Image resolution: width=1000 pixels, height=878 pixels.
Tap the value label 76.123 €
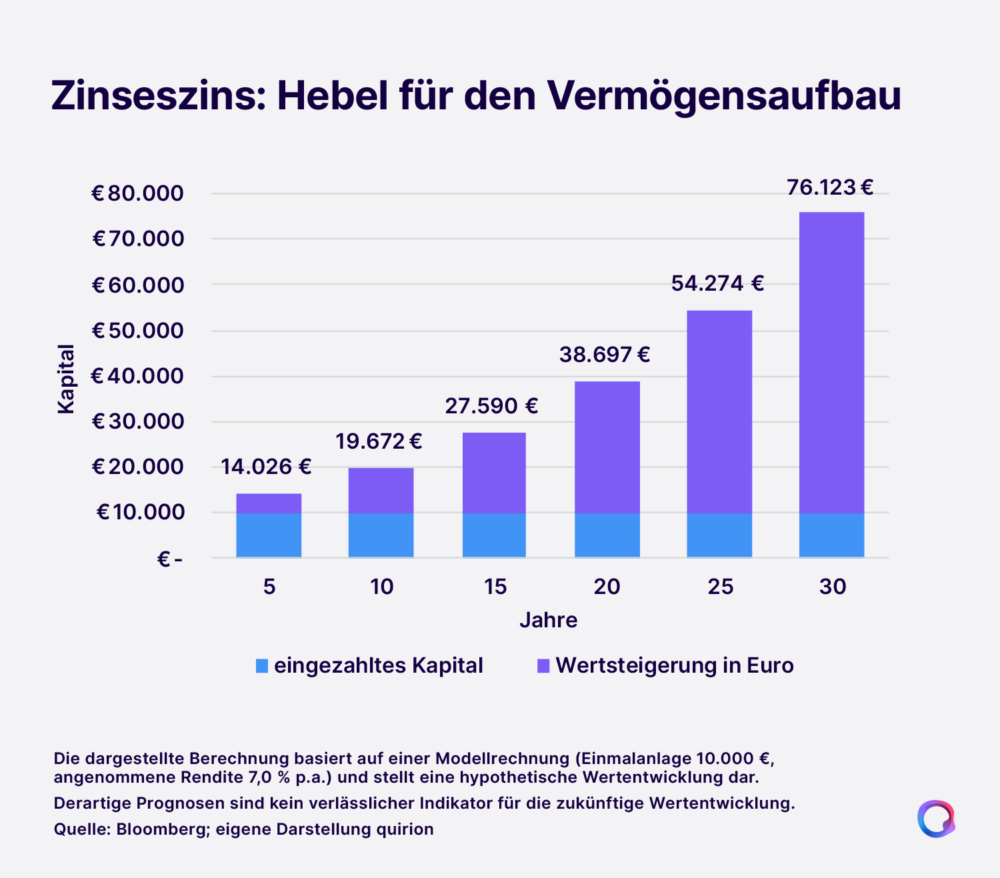click(830, 187)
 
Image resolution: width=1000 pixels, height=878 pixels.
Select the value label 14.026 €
click(266, 467)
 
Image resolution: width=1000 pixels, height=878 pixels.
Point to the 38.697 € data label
click(605, 355)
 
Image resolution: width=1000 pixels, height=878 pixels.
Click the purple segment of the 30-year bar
click(832, 363)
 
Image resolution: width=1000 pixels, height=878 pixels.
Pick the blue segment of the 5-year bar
click(269, 535)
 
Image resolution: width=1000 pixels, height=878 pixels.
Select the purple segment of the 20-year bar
click(607, 447)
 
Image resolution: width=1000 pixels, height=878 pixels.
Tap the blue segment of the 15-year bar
click(494, 535)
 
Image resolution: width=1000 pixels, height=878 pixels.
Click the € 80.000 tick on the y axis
click(138, 193)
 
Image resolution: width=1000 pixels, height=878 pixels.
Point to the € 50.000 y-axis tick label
click(138, 331)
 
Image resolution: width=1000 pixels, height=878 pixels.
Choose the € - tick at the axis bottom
click(170, 559)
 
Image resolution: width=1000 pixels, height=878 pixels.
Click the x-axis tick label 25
click(720, 587)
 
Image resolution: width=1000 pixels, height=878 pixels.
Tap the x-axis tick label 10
click(381, 587)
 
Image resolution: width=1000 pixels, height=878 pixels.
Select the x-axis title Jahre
click(549, 621)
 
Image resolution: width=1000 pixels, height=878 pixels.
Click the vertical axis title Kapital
click(66, 379)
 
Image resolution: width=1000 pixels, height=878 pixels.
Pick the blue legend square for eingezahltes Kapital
click(262, 666)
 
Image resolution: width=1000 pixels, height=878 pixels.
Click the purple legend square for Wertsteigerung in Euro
click(543, 666)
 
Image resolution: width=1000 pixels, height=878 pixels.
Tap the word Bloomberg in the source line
click(161, 829)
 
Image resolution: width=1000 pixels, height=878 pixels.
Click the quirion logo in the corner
click(936, 819)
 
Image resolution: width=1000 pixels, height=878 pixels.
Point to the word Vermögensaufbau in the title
click(724, 96)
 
